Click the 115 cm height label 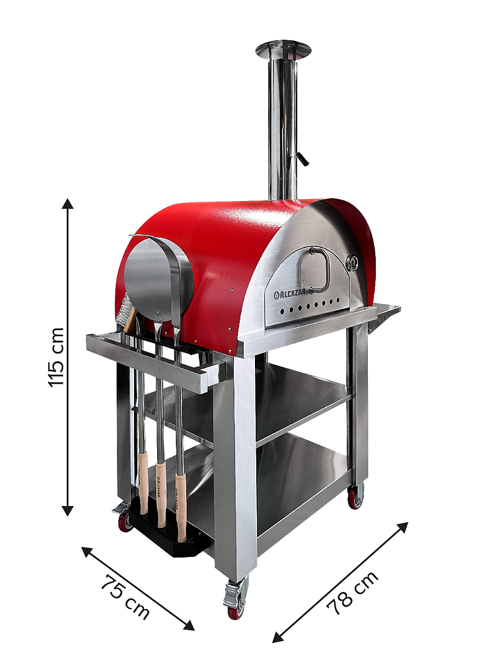[x=56, y=357]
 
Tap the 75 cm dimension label [x=126, y=597]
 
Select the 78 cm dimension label [x=353, y=592]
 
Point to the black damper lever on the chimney [x=303, y=159]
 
